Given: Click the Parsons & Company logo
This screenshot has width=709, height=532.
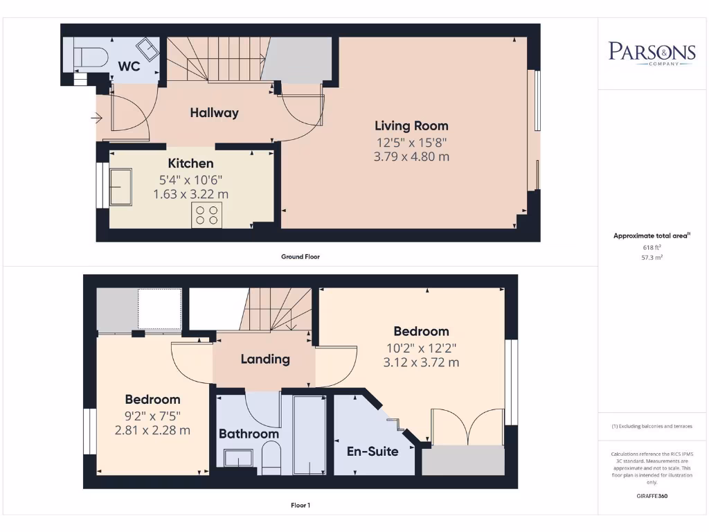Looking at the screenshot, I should pyautogui.click(x=652, y=53).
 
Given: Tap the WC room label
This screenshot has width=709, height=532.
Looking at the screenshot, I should pyautogui.click(x=129, y=66).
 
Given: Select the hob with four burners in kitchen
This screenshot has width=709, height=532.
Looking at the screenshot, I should pyautogui.click(x=208, y=215).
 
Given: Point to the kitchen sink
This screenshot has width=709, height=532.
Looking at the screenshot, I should pyautogui.click(x=120, y=186).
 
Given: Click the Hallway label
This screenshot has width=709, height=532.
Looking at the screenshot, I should pyautogui.click(x=215, y=112).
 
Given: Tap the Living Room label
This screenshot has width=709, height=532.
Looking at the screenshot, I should pyautogui.click(x=412, y=126).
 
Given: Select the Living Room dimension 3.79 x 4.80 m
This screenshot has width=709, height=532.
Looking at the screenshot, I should pyautogui.click(x=412, y=157).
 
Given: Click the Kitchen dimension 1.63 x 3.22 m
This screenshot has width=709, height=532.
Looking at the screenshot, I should pyautogui.click(x=191, y=194).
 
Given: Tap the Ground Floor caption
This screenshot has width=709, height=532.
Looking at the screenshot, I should pyautogui.click(x=300, y=256).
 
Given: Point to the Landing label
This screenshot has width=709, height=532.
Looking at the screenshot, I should pyautogui.click(x=265, y=359).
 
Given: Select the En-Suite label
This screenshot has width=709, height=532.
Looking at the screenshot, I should pyautogui.click(x=373, y=452).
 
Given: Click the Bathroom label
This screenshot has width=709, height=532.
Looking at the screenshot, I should pyautogui.click(x=249, y=434).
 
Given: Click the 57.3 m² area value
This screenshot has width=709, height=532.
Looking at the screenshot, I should pyautogui.click(x=652, y=256).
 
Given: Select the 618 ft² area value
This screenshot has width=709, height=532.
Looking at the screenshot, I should pyautogui.click(x=652, y=247).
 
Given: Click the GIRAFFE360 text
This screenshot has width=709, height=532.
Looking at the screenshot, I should pyautogui.click(x=652, y=496).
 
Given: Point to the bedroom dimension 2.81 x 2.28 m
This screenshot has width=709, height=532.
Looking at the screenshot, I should pyautogui.click(x=153, y=430).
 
